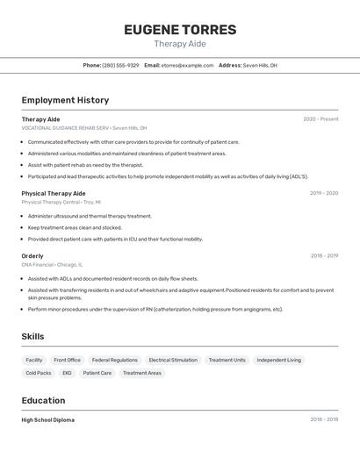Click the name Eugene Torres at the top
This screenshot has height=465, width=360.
[x=180, y=30]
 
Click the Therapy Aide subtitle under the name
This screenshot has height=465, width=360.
[x=180, y=44]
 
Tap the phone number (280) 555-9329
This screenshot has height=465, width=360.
[x=120, y=65]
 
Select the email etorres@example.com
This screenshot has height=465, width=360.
[x=187, y=65]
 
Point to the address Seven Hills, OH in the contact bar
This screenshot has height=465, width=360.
[x=260, y=65]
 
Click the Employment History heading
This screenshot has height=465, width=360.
[x=65, y=100]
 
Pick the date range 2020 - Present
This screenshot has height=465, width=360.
[x=320, y=119]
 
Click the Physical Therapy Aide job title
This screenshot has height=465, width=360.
[x=54, y=193]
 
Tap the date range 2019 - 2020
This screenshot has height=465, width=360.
[x=324, y=193]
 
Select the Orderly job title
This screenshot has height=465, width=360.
[x=32, y=256]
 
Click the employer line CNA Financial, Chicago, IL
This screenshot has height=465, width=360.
[x=53, y=264]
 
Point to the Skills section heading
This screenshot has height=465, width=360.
[x=32, y=336]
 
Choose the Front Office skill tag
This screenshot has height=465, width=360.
[x=67, y=360]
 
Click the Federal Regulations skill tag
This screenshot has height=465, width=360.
[x=115, y=360]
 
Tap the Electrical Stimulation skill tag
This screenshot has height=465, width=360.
[x=173, y=360]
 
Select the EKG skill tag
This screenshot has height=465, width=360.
[x=67, y=373]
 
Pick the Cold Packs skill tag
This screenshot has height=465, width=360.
[x=39, y=373]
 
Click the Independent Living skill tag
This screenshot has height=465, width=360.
[x=278, y=360]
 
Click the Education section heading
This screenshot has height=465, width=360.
[x=45, y=400]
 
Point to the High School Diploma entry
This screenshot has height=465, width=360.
[x=48, y=420]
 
